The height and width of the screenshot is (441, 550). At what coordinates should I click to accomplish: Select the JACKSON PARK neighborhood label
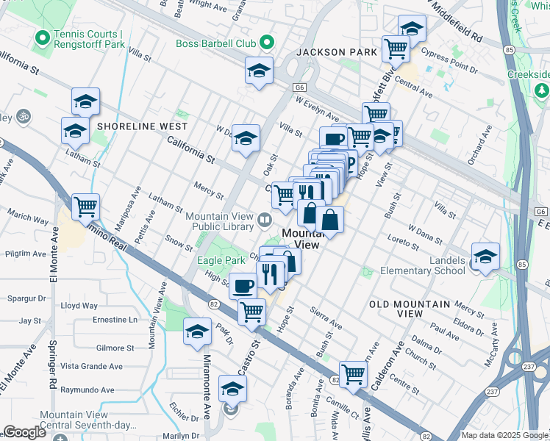[336, 52]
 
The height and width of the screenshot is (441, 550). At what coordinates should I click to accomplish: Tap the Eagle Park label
[221, 260]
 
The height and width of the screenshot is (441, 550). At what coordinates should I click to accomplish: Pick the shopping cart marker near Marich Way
[86, 207]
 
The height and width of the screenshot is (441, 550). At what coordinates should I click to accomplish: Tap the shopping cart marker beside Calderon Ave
[354, 373]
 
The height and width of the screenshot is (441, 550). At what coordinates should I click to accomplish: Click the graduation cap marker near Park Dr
[197, 332]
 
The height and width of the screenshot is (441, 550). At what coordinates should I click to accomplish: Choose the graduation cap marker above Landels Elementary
[485, 256]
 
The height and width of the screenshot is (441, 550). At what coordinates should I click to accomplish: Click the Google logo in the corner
[24, 432]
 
